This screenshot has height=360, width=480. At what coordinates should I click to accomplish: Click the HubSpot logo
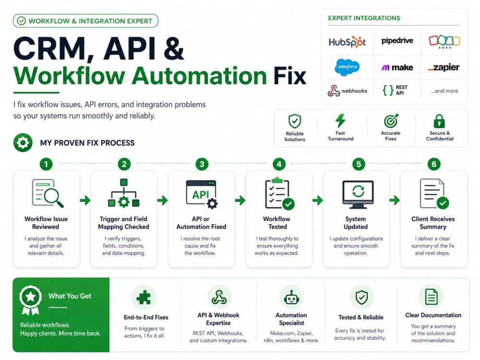pyautogui.click(x=347, y=42)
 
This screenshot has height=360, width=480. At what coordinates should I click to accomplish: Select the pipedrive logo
pyautogui.click(x=397, y=41)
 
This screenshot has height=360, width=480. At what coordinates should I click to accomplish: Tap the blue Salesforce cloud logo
pyautogui.click(x=347, y=67)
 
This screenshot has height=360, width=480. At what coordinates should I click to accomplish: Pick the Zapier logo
pyautogui.click(x=444, y=68)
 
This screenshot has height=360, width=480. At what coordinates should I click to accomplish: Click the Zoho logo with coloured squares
pyautogui.click(x=444, y=42)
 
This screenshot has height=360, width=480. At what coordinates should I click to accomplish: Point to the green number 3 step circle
pyautogui.click(x=202, y=164)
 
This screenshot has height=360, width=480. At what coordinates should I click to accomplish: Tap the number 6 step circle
pyautogui.click(x=434, y=164)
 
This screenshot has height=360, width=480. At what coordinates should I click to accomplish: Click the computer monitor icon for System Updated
pyautogui.click(x=358, y=194)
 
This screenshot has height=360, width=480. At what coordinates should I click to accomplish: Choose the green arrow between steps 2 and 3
pyautogui.click(x=163, y=201)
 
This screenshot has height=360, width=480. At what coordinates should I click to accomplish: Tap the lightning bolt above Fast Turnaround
pyautogui.click(x=340, y=120)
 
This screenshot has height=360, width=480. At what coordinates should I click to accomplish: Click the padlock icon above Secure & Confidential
pyautogui.click(x=439, y=121)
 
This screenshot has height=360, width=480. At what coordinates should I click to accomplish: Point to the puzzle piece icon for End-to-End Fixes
pyautogui.click(x=144, y=297)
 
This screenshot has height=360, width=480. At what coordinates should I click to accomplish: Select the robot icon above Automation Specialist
pyautogui.click(x=291, y=297)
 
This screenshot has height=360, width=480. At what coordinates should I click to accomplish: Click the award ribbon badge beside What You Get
pyautogui.click(x=30, y=300)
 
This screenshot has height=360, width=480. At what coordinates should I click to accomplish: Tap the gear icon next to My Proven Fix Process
pyautogui.click(x=23, y=143)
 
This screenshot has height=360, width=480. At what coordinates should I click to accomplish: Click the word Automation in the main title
pyautogui.click(x=200, y=76)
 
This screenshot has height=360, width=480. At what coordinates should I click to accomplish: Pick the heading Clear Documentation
pyautogui.click(x=433, y=315)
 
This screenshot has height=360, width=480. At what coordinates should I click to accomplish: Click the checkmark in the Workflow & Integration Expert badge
pyautogui.click(x=22, y=21)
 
